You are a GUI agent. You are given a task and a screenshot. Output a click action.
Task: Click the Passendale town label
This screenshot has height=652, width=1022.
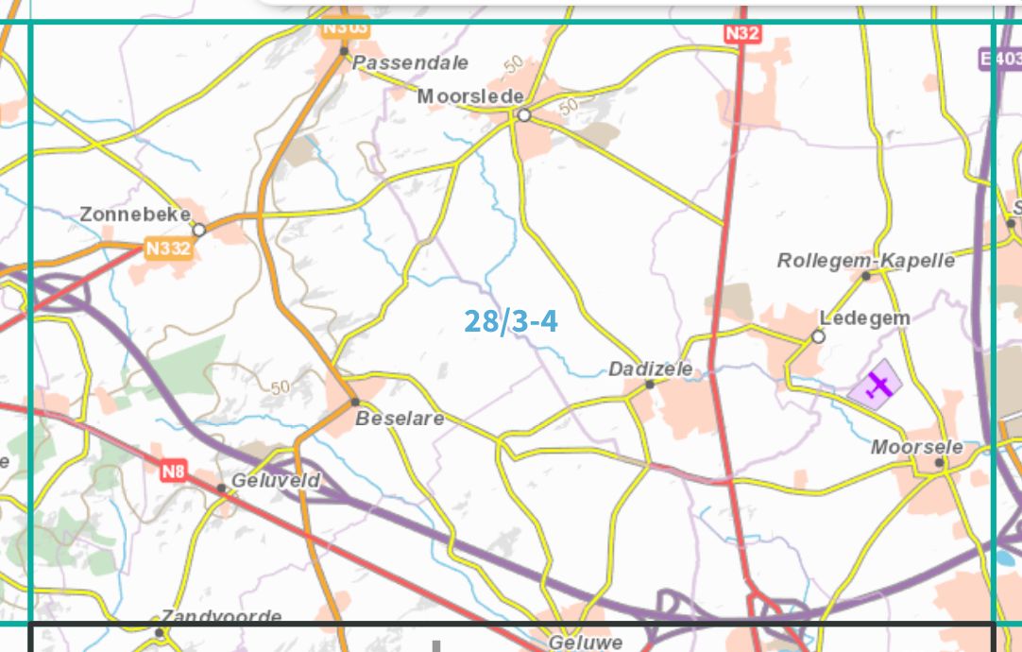click(410, 63)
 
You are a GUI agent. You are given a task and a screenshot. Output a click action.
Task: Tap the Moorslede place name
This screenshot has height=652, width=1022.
click(469, 96)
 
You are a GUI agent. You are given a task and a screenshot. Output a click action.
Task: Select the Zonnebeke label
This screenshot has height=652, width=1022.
click(135, 214)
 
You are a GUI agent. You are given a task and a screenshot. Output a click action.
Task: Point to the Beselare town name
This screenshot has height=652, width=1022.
click(399, 419)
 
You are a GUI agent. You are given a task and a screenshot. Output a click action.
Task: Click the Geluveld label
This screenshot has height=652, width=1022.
click(275, 481)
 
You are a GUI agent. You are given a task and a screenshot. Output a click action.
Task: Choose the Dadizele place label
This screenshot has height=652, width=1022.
click(650, 369)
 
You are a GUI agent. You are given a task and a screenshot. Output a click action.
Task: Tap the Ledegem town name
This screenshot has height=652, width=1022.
click(864, 318)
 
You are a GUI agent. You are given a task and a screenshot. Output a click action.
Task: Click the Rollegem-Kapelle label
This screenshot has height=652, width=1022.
click(865, 260)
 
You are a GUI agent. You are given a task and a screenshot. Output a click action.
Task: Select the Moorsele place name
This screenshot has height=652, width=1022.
click(916, 447)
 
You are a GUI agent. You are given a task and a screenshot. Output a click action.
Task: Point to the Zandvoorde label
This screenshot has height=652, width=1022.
click(221, 617)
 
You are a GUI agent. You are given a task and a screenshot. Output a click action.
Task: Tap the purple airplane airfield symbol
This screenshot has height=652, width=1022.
click(877, 386)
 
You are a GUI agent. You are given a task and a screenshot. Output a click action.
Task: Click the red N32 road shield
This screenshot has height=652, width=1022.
click(742, 33)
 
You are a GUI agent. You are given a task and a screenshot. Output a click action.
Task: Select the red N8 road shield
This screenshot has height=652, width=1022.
click(172, 470)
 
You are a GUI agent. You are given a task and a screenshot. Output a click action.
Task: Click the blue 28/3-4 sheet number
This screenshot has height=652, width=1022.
click(510, 321)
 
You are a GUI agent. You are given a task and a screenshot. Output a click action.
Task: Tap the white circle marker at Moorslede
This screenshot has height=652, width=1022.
click(523, 115)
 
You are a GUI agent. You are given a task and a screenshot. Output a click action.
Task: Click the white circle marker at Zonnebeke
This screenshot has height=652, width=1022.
click(199, 230)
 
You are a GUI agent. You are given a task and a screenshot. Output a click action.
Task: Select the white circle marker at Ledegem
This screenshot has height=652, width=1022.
click(818, 336)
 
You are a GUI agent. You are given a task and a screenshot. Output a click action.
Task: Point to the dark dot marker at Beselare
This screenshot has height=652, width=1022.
click(355, 402)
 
